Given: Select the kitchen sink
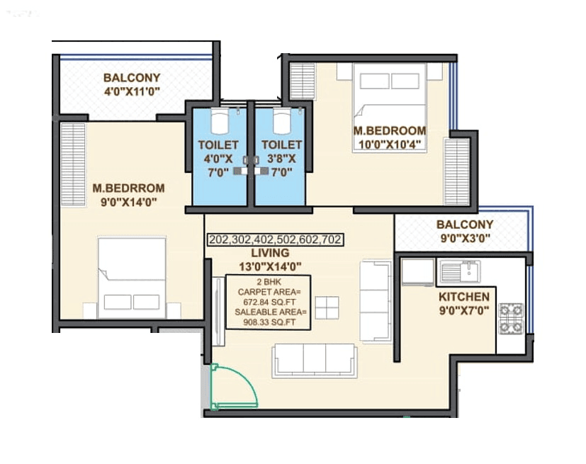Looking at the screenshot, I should coord(460,271).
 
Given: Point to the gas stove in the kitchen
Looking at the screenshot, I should coord(512,319).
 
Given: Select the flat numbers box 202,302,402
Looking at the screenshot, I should coord(275,240).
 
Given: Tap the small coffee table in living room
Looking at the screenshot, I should coord(327,307).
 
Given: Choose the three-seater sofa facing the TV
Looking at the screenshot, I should coord(314,360).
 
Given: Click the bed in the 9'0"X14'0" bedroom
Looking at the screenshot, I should coord(133,277).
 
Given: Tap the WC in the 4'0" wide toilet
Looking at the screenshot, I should coord(220,119).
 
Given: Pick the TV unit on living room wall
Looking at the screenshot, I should coord(218,312).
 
